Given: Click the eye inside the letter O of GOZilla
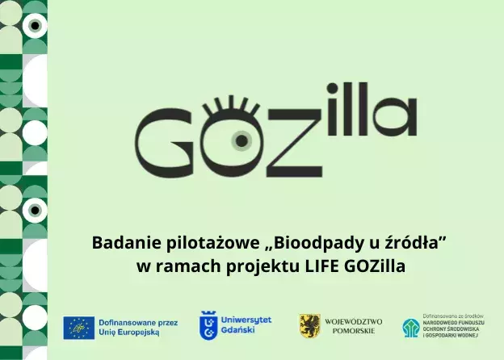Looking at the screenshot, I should (x=241, y=140).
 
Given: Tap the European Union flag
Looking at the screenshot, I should (x=79, y=327).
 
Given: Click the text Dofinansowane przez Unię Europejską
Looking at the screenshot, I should (x=132, y=327).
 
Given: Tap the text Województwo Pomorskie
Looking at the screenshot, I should (x=353, y=326).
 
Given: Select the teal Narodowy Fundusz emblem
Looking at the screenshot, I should (x=411, y=327).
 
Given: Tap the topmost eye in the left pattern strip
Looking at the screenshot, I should (x=34, y=26).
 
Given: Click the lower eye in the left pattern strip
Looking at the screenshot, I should (x=34, y=211).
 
